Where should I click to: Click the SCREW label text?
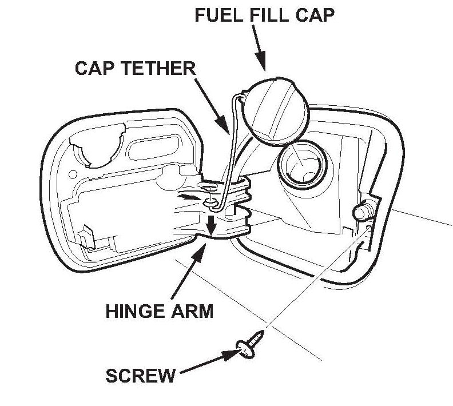pos(141,376)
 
